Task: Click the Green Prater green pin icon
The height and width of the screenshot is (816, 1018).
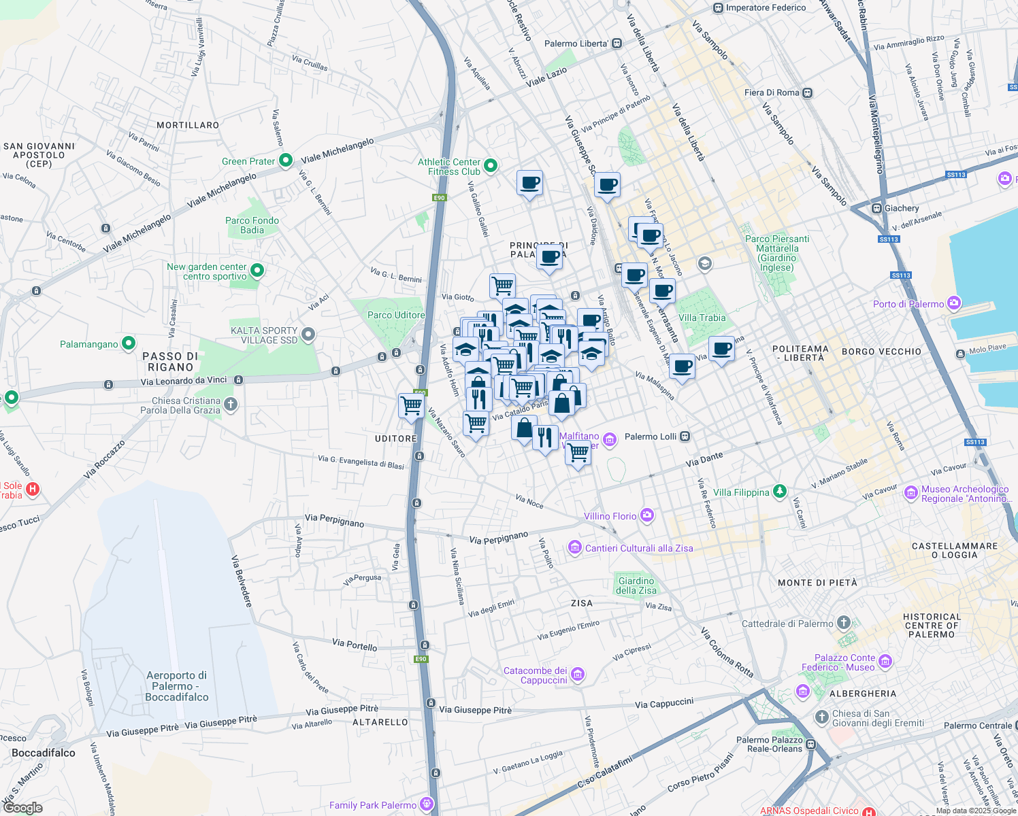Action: pos(286,160)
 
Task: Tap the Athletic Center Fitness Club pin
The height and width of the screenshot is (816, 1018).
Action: pos(490,166)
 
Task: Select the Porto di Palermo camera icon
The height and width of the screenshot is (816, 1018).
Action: pos(954,303)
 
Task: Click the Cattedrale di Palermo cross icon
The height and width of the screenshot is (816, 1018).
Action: pos(844,622)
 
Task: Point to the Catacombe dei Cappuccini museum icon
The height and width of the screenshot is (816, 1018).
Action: pos(578,675)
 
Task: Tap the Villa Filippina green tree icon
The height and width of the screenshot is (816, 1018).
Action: pos(780,491)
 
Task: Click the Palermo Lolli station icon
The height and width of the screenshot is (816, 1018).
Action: pos(685,436)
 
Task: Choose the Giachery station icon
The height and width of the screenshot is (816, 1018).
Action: pos(876,207)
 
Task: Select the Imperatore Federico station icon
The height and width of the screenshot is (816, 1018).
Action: pos(717,8)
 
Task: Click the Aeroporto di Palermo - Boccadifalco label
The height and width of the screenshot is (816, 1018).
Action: pos(177,686)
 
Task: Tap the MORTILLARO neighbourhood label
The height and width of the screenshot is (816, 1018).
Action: pos(188,125)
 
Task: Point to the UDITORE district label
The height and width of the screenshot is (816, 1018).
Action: pos(395,439)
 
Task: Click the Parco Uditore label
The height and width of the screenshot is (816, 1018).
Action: pos(396,315)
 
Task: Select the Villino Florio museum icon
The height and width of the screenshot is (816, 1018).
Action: pos(647,515)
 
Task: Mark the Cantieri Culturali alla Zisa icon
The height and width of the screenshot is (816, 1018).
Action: pos(575,547)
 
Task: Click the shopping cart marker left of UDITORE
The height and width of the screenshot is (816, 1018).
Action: pos(412,406)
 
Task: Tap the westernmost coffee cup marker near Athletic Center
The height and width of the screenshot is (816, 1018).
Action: pos(529,183)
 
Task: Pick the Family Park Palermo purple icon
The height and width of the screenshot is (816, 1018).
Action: pos(427,804)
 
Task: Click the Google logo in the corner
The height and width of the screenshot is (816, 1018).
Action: pos(22,808)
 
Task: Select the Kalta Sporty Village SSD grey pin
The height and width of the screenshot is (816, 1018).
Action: pos(308,334)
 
